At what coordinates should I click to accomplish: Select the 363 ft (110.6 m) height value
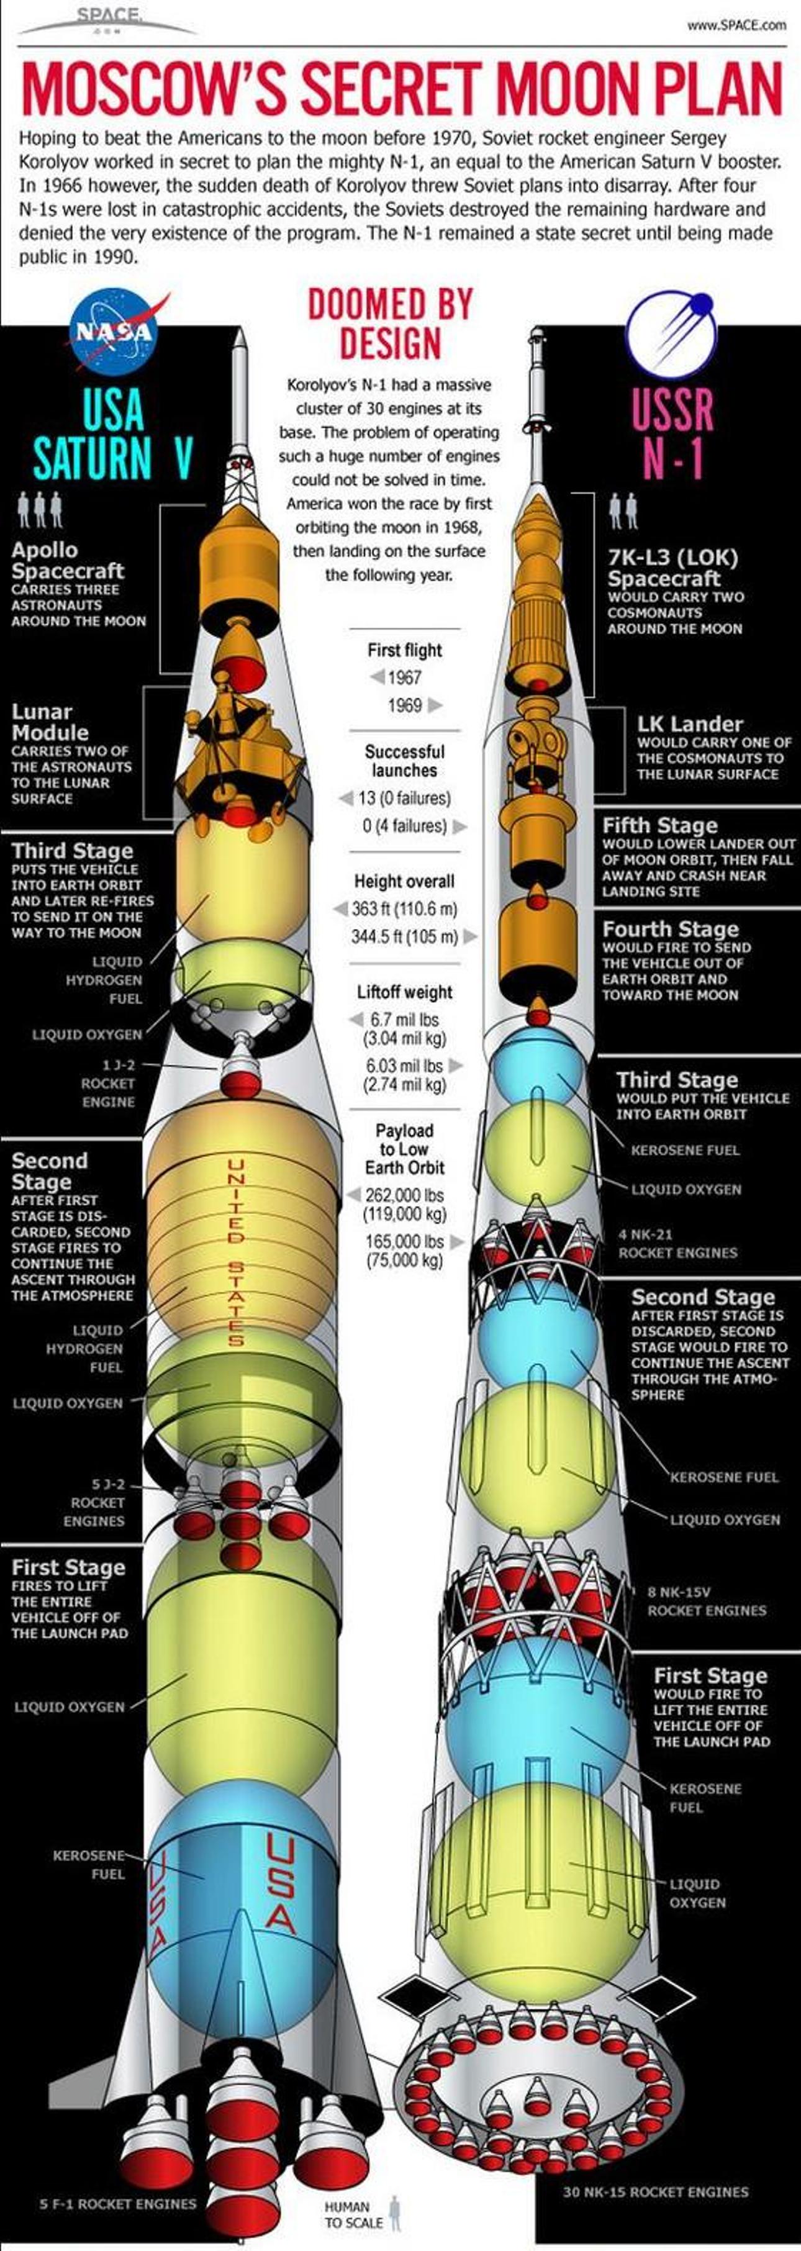click(x=404, y=909)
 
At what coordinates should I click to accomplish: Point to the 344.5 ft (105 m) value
click(x=404, y=937)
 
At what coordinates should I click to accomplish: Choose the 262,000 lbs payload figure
click(x=404, y=1195)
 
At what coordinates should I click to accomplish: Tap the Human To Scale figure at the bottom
click(x=395, y=2213)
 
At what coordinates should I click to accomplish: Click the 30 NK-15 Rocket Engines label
click(x=655, y=2191)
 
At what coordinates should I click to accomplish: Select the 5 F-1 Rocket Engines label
click(x=118, y=2204)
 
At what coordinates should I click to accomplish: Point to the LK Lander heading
click(x=689, y=723)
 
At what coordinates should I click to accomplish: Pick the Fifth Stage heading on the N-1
click(x=659, y=825)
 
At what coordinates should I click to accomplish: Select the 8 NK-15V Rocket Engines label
click(x=706, y=1601)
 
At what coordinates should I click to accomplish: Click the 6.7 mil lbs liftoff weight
click(x=404, y=1019)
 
